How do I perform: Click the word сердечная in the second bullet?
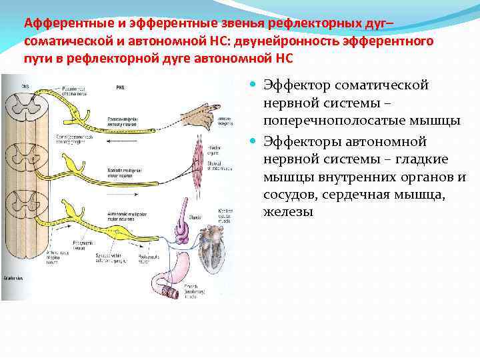pyautogui.click(x=377, y=194)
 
